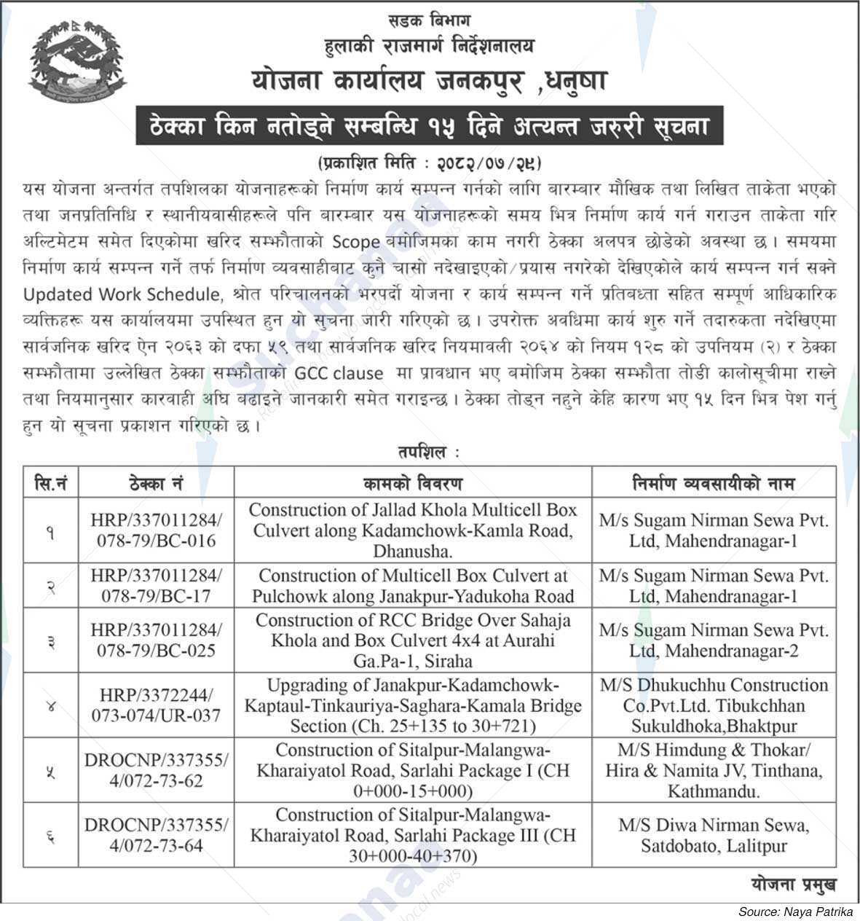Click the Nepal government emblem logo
[x=77, y=63]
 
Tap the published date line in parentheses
[x=430, y=162]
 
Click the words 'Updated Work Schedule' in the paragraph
[x=121, y=294]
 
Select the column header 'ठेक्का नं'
[x=157, y=483]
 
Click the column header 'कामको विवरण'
[x=412, y=483]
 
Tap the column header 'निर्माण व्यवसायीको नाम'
[x=714, y=483]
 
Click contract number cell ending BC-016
[x=157, y=530]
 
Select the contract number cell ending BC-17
[x=157, y=586]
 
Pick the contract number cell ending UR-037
[x=157, y=705]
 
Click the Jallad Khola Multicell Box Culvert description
[x=412, y=530]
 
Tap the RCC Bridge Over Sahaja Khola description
[x=412, y=640]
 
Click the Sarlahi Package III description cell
[x=412, y=835]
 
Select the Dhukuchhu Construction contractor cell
[x=714, y=705]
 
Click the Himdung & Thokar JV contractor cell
[x=714, y=770]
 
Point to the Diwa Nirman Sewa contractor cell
[x=714, y=835]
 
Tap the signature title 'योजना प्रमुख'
[x=793, y=884]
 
